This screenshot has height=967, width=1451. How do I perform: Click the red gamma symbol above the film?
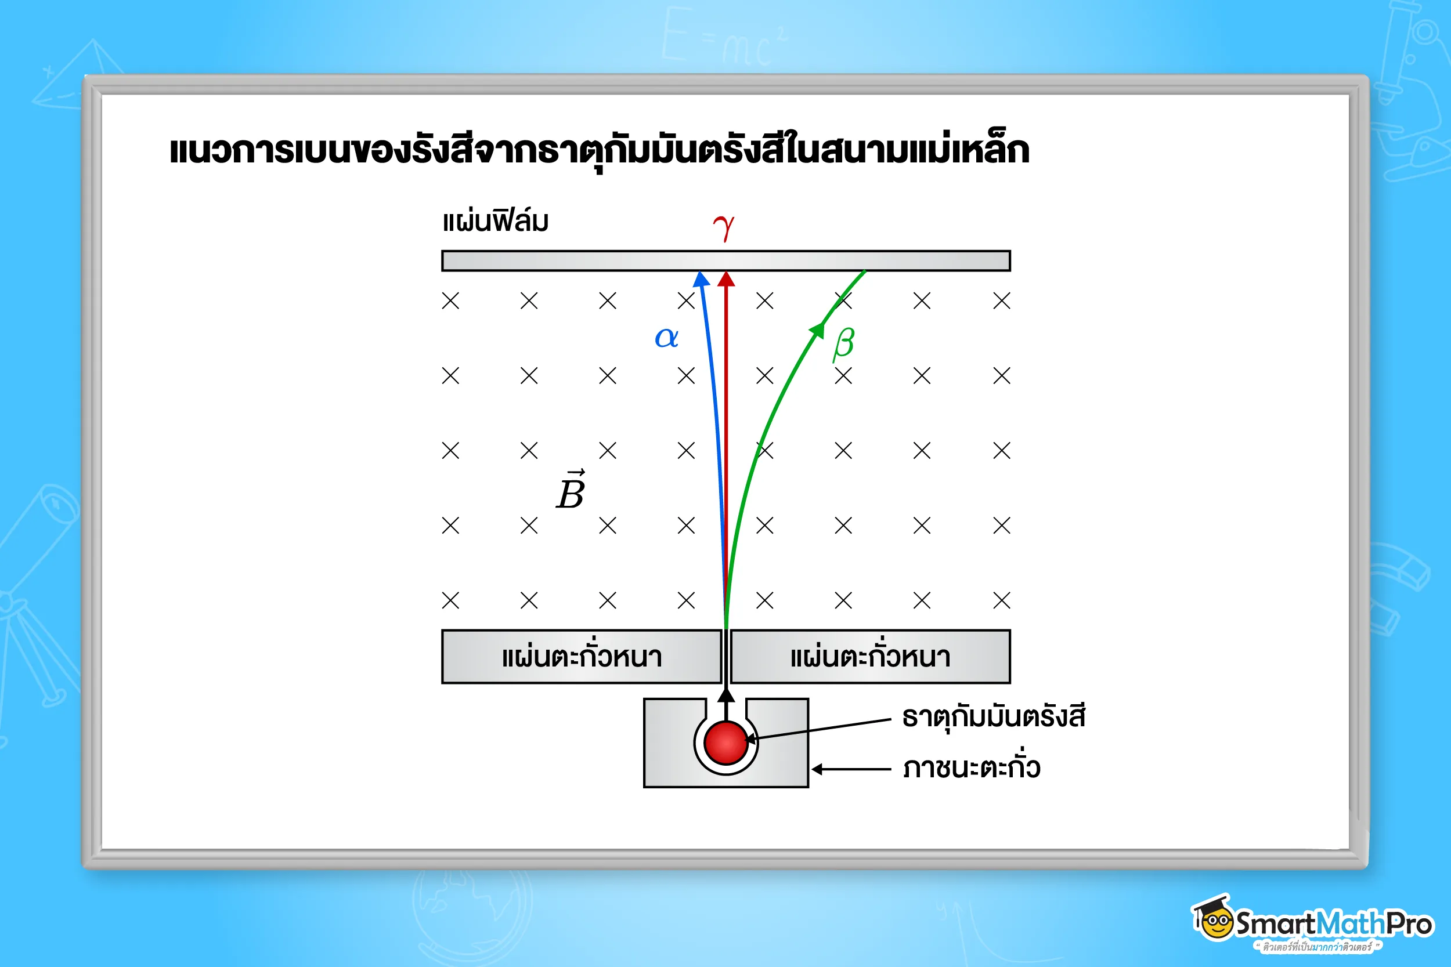724,227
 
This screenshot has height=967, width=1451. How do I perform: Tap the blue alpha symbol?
666,338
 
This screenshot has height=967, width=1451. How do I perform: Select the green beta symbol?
843,343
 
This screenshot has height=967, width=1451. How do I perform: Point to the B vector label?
571,491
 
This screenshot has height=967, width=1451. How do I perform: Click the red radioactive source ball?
725,743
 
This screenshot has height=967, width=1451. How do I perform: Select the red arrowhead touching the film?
726,280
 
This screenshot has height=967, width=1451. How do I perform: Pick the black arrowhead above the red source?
726,695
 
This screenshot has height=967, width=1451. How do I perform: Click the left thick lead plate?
581,657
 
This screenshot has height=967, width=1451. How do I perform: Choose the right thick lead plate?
870,657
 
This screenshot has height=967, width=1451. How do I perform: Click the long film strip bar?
725,261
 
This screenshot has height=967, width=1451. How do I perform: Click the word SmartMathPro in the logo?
1333,924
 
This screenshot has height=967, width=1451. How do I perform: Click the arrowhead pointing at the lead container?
817,769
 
